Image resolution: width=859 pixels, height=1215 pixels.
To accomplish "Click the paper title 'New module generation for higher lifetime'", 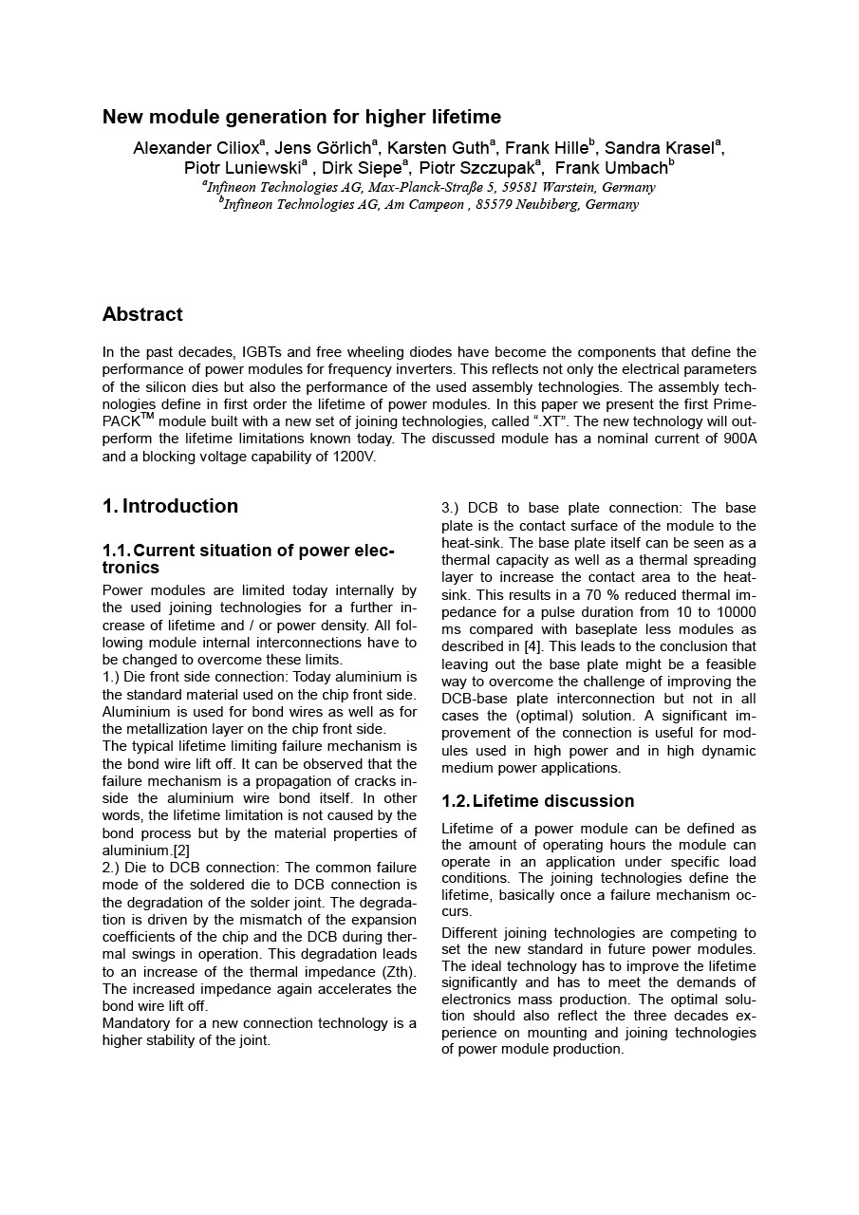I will point(302,117).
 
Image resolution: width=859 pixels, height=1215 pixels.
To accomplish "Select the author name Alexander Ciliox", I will point(196,148).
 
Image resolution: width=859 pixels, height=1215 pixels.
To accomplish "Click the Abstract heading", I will point(142,314).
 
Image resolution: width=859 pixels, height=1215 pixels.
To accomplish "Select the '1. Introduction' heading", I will point(171,506).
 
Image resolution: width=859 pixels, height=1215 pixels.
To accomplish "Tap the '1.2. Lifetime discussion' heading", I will point(538,801).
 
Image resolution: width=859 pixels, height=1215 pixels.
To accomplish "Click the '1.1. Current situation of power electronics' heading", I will point(248,559).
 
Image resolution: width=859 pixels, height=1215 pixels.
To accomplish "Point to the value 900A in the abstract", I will point(738,439).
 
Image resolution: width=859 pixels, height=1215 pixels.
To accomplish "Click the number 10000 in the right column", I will point(734,612).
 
